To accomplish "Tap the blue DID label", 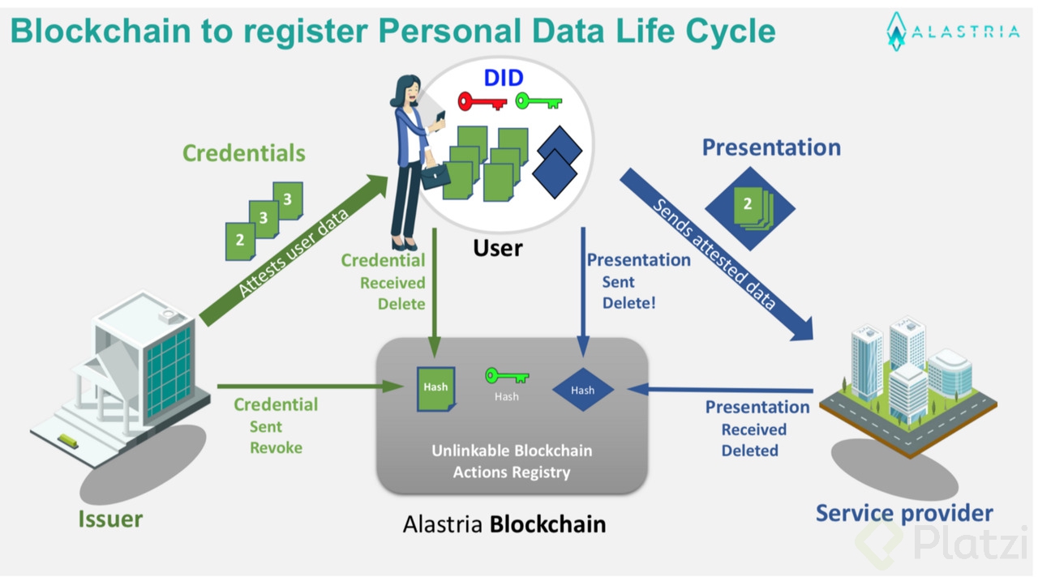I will [504, 79].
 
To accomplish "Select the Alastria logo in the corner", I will [952, 32].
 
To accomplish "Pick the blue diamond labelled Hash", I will [582, 390].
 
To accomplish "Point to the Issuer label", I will [110, 519].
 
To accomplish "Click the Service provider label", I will [904, 513].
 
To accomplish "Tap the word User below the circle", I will [498, 247].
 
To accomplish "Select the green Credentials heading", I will [243, 153].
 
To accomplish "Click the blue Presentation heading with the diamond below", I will [771, 147].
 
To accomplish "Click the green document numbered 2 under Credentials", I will [240, 241].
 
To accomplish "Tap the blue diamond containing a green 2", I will [749, 207].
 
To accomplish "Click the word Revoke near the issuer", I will [276, 448].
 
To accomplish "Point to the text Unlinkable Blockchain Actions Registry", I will [512, 461].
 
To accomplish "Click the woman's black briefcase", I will [435, 176].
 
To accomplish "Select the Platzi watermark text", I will [971, 544].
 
